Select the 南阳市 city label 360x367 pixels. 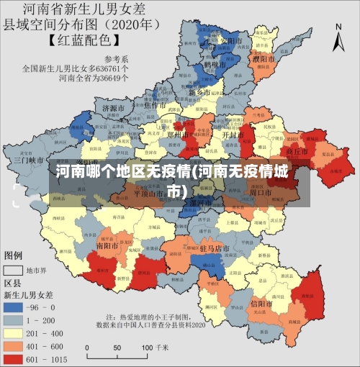107,245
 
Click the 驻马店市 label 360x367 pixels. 214,248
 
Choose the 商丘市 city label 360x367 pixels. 297,152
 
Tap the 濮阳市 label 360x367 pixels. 264,58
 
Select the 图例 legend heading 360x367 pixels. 14,255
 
